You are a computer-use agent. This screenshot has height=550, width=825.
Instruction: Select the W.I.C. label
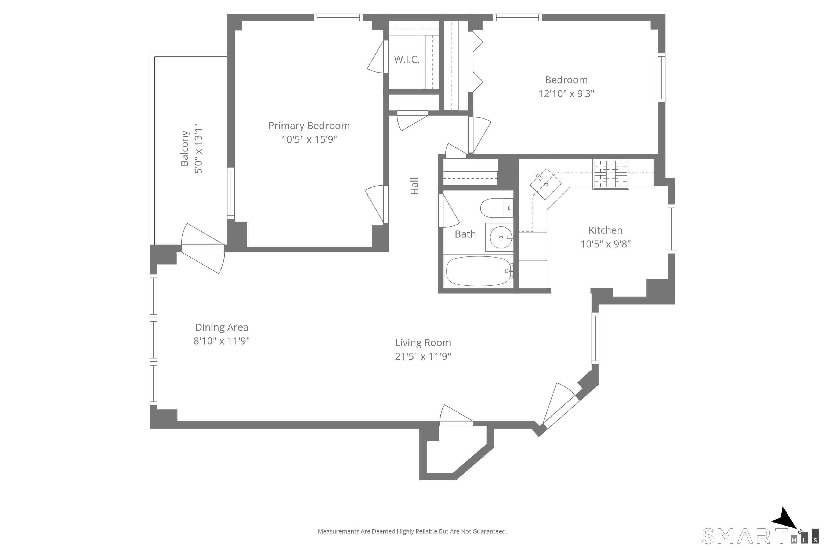[407, 60]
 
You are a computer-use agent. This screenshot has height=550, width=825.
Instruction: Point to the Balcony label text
[184, 148]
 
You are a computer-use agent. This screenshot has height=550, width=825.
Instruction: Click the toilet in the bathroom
[497, 208]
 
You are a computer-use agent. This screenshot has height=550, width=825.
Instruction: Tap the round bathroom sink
[501, 237]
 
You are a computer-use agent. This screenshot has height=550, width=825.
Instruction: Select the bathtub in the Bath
[479, 271]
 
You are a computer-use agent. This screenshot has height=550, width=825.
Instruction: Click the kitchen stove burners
[610, 174]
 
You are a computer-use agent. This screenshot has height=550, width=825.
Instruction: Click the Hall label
[415, 186]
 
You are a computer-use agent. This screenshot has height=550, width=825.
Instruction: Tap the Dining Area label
[222, 327]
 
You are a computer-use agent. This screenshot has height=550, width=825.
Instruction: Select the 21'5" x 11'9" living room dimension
[423, 356]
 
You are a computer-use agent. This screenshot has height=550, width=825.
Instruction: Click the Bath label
[465, 234]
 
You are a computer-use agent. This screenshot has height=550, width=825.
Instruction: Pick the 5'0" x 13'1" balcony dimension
[198, 148]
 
